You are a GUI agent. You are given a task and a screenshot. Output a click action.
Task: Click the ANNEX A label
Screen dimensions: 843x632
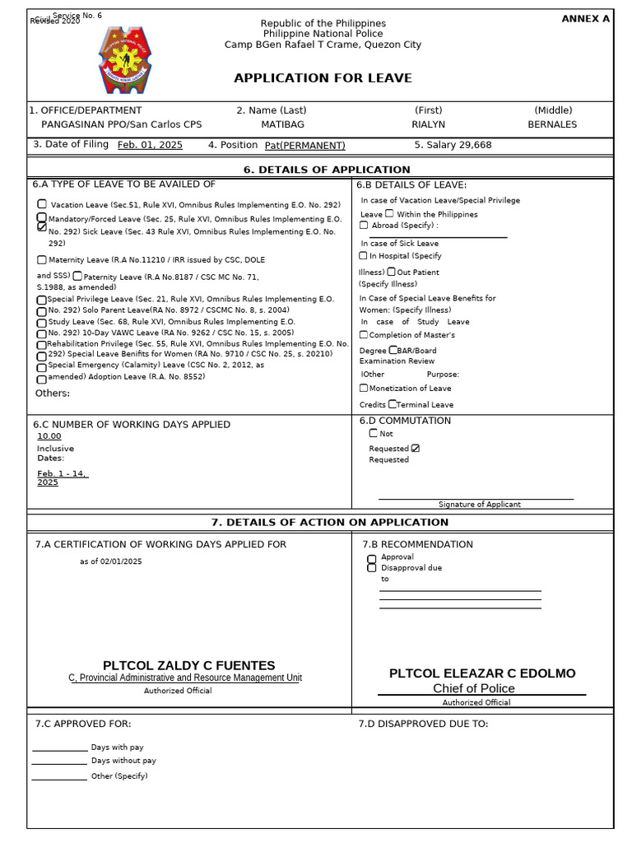click(x=585, y=19)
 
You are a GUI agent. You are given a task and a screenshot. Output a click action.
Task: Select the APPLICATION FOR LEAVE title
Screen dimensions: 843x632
click(x=323, y=78)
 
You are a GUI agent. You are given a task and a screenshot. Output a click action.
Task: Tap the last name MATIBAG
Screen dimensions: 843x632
click(x=281, y=124)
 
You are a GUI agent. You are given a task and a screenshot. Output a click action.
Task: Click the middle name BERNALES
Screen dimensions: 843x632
click(x=552, y=124)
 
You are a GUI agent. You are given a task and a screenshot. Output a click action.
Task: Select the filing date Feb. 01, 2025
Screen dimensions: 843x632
click(x=150, y=145)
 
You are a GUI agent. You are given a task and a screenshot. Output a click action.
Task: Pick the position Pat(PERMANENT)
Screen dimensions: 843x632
click(x=304, y=146)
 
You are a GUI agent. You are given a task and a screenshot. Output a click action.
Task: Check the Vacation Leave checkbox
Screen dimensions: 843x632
click(x=42, y=204)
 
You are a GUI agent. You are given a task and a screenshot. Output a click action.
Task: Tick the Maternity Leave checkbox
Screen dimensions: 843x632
click(x=42, y=259)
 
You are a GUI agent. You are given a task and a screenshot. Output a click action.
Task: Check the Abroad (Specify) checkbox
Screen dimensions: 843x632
click(x=364, y=225)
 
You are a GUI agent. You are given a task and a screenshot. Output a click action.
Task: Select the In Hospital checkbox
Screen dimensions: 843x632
click(x=364, y=256)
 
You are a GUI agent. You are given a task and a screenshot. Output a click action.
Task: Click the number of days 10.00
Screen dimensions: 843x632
click(x=49, y=436)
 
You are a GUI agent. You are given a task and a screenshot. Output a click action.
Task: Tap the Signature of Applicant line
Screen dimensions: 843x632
click(x=476, y=499)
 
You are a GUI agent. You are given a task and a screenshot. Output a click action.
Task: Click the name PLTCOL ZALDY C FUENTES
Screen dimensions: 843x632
click(x=188, y=665)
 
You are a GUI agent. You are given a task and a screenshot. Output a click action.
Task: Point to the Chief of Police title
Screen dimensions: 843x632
click(x=474, y=688)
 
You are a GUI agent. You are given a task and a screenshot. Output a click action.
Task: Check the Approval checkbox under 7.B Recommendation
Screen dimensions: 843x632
click(x=372, y=558)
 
